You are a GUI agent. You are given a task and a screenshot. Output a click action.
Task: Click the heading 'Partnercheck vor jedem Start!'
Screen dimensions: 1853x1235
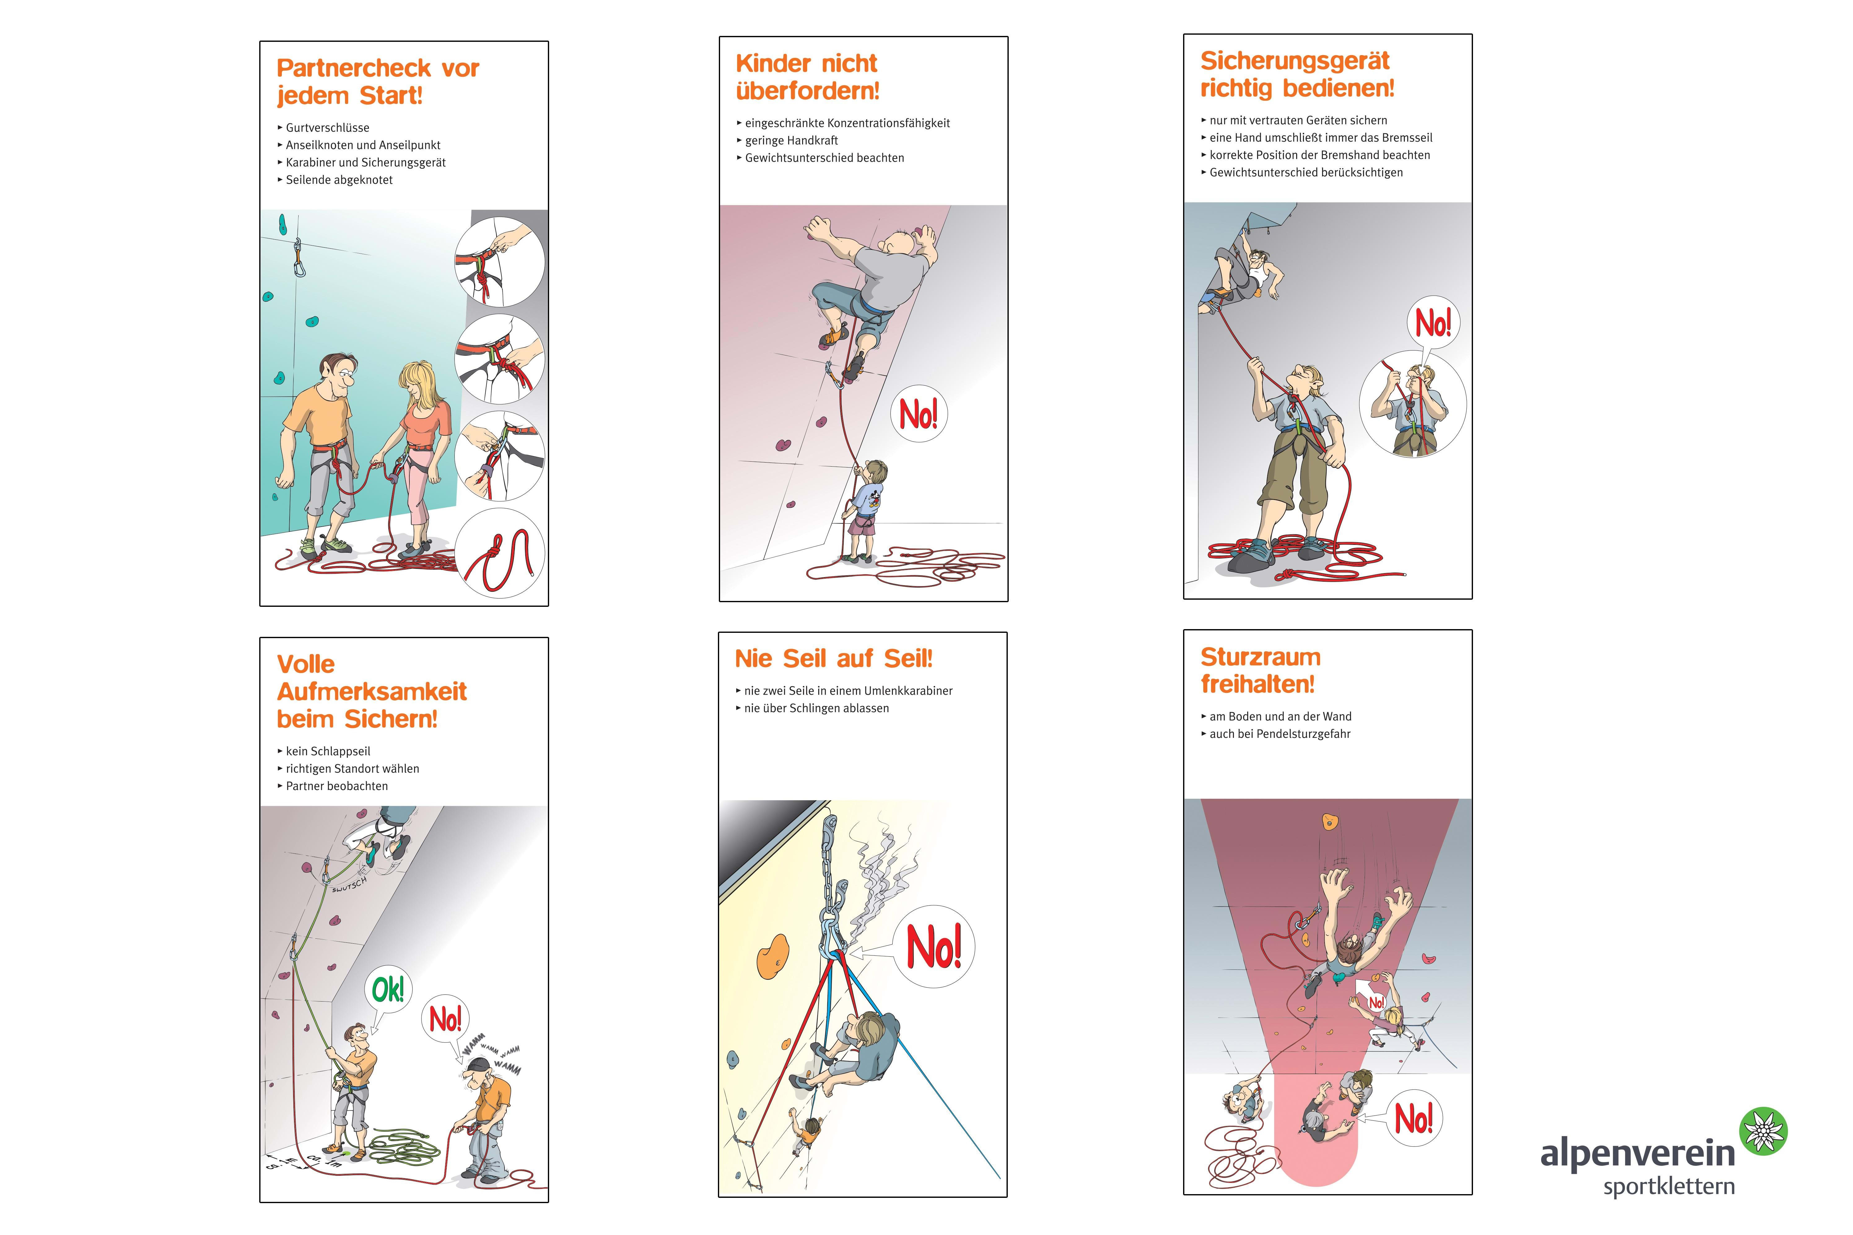click(378, 81)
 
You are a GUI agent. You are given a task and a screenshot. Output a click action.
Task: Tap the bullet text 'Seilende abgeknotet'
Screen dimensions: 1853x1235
click(339, 180)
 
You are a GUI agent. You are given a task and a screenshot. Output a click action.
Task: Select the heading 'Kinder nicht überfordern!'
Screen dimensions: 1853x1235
click(807, 76)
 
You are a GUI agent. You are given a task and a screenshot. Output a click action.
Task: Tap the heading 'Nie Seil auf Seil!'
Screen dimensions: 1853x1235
click(833, 659)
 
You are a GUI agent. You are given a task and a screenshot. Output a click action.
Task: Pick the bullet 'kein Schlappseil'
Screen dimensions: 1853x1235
click(328, 751)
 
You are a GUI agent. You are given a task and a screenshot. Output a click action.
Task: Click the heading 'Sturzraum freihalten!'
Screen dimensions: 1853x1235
click(1261, 670)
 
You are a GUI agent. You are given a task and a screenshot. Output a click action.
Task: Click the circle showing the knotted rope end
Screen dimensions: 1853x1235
click(500, 553)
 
